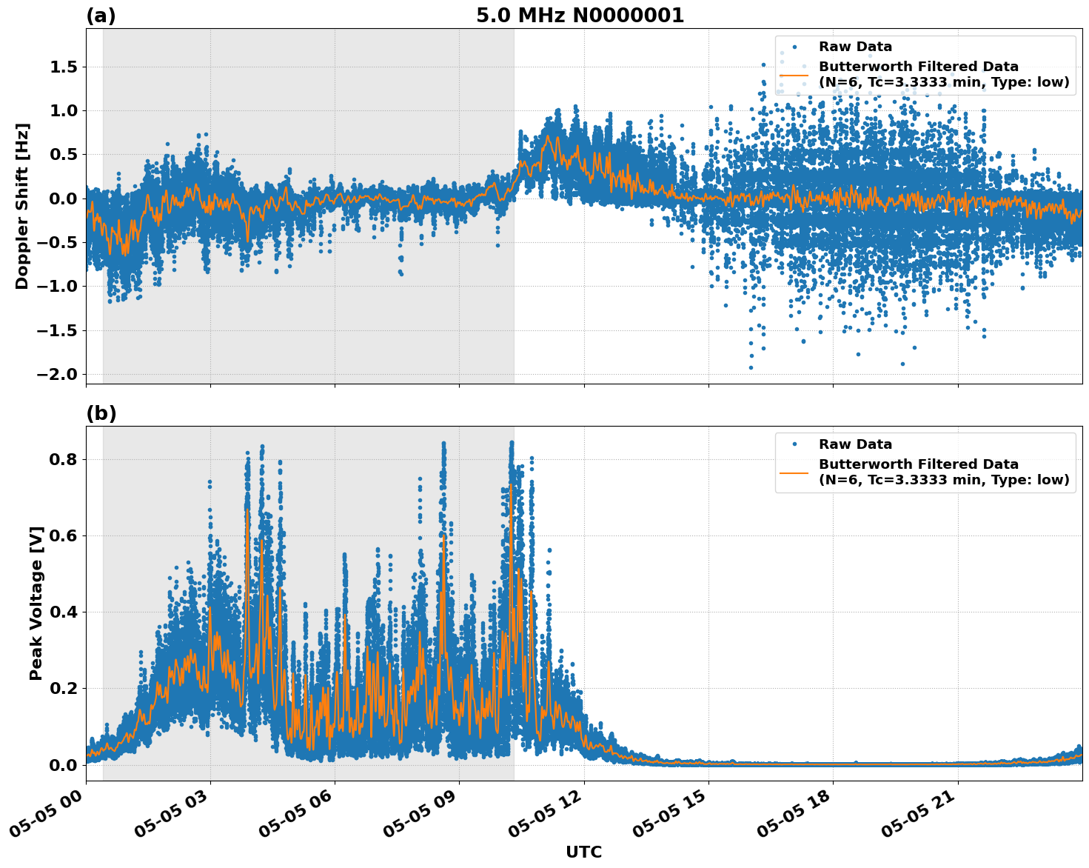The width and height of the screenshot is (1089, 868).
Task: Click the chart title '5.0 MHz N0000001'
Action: pos(580,16)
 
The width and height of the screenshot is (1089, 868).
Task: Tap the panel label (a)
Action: pos(101,16)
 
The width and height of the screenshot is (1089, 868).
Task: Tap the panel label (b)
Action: pos(101,413)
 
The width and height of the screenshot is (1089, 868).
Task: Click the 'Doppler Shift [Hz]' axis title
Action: pos(22,206)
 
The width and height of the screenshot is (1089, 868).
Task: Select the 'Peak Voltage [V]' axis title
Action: pos(36,603)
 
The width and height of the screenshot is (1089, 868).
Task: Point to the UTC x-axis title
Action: pos(583,852)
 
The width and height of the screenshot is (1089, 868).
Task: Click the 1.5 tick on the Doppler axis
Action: pos(61,67)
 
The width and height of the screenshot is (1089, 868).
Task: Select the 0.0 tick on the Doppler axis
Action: pos(61,198)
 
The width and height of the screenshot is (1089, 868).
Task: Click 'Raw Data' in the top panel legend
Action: pos(855,47)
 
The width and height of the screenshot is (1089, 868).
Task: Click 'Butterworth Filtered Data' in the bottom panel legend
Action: pos(918,464)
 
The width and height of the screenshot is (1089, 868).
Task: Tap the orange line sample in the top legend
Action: pos(794,75)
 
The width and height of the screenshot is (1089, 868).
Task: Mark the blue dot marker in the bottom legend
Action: pos(794,444)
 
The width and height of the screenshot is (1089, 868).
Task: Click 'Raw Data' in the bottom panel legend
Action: pos(855,444)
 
